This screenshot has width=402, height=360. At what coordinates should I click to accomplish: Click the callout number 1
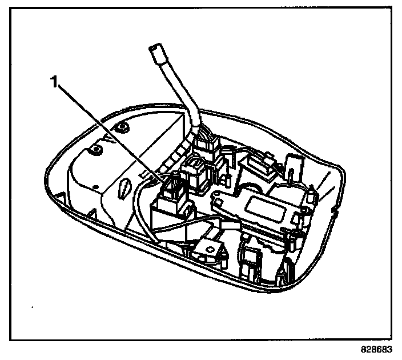pyautogui.click(x=54, y=82)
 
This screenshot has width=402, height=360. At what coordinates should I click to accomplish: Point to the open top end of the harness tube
pyautogui.click(x=155, y=51)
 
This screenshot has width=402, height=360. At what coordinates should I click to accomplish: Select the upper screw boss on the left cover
pyautogui.click(x=121, y=126)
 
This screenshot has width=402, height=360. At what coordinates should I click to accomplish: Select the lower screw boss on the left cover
pyautogui.click(x=96, y=149)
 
